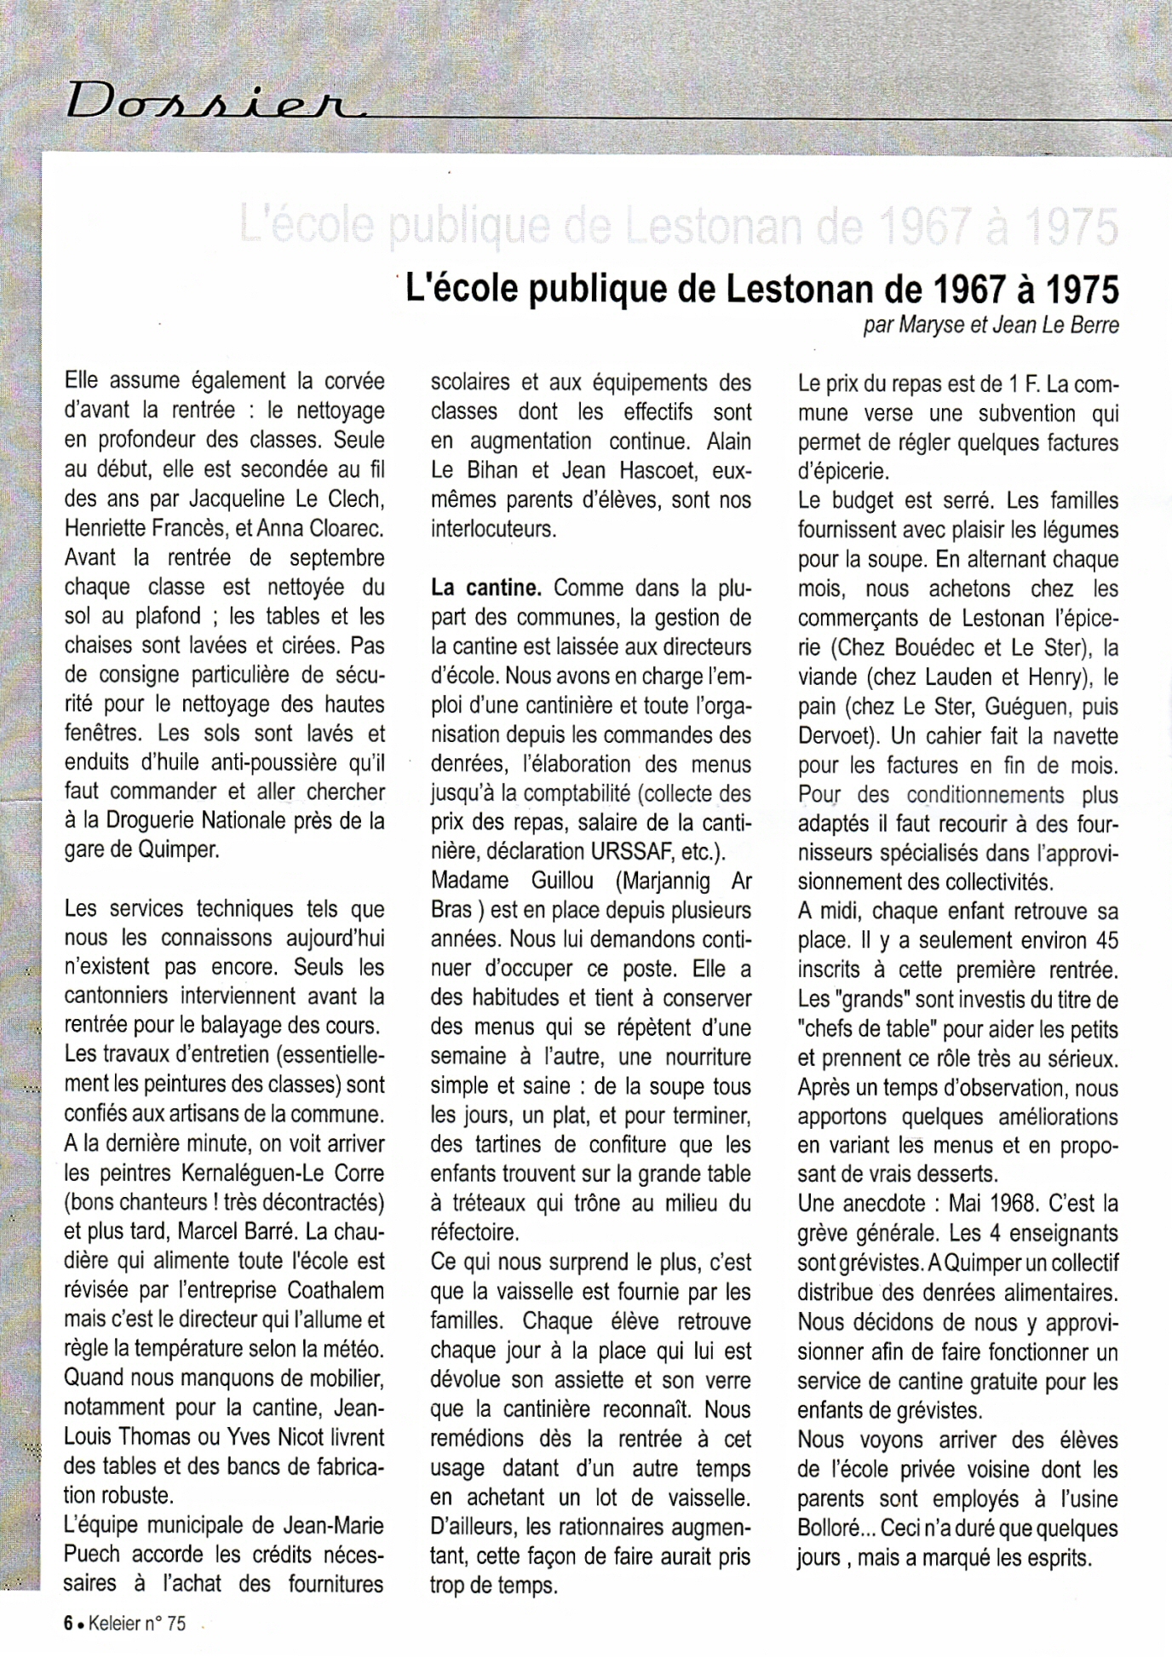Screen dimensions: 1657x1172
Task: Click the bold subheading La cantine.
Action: (x=485, y=587)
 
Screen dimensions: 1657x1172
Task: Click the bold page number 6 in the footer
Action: (x=67, y=1623)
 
